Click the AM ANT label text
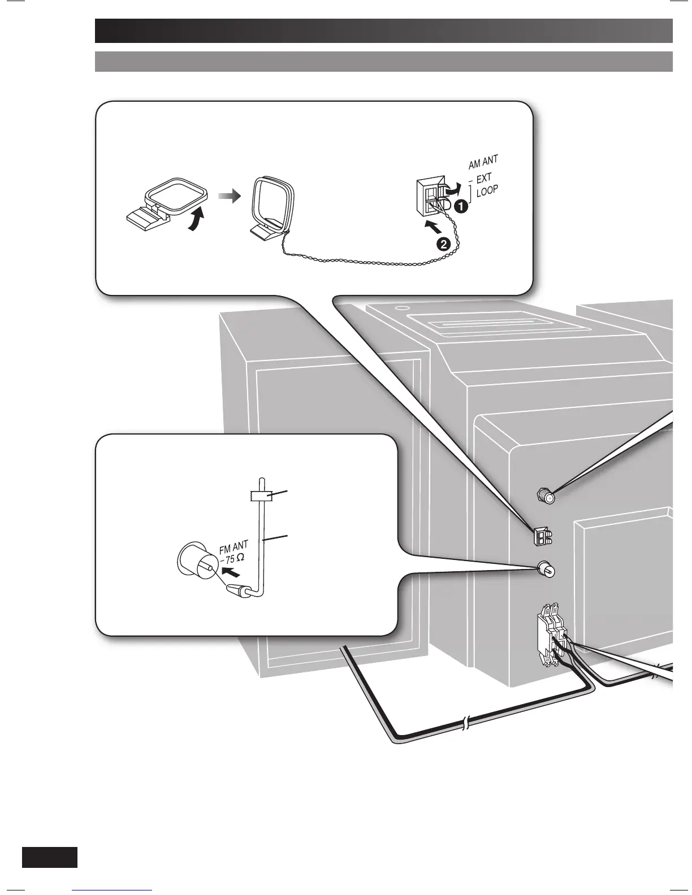pos(483,163)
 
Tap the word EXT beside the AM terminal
pos(484,179)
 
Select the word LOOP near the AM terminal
pos(487,191)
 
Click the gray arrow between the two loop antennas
pos(228,197)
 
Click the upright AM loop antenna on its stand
pos(271,208)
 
